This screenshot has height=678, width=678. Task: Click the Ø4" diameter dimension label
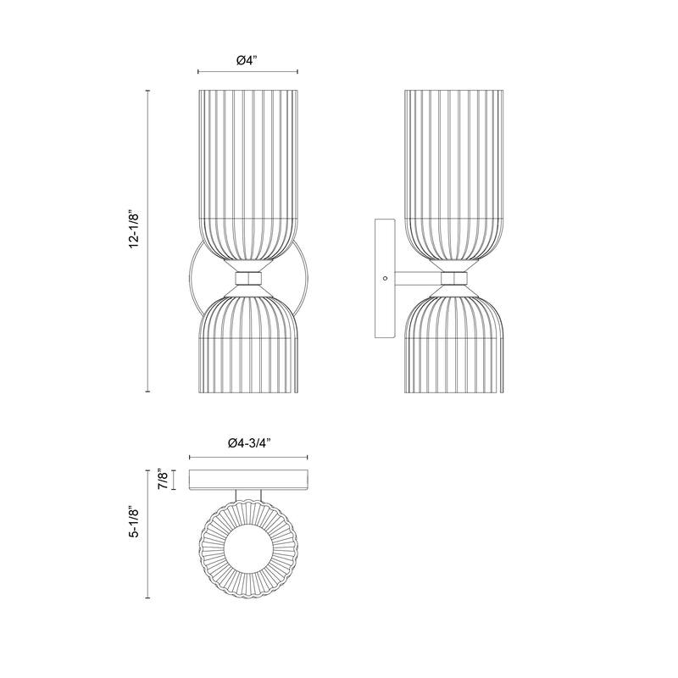pos(247,60)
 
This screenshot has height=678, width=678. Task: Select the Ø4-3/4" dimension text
pos(249,443)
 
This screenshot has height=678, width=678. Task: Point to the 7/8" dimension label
pos(159,480)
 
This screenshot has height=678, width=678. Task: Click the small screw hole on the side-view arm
pos(386,278)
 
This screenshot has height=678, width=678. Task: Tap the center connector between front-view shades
pos(247,279)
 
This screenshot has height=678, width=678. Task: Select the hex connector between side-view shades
pos(453,278)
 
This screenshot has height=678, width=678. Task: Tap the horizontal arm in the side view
pos(417,278)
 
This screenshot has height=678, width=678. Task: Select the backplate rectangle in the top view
pos(249,480)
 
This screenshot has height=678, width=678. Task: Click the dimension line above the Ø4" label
pos(247,72)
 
